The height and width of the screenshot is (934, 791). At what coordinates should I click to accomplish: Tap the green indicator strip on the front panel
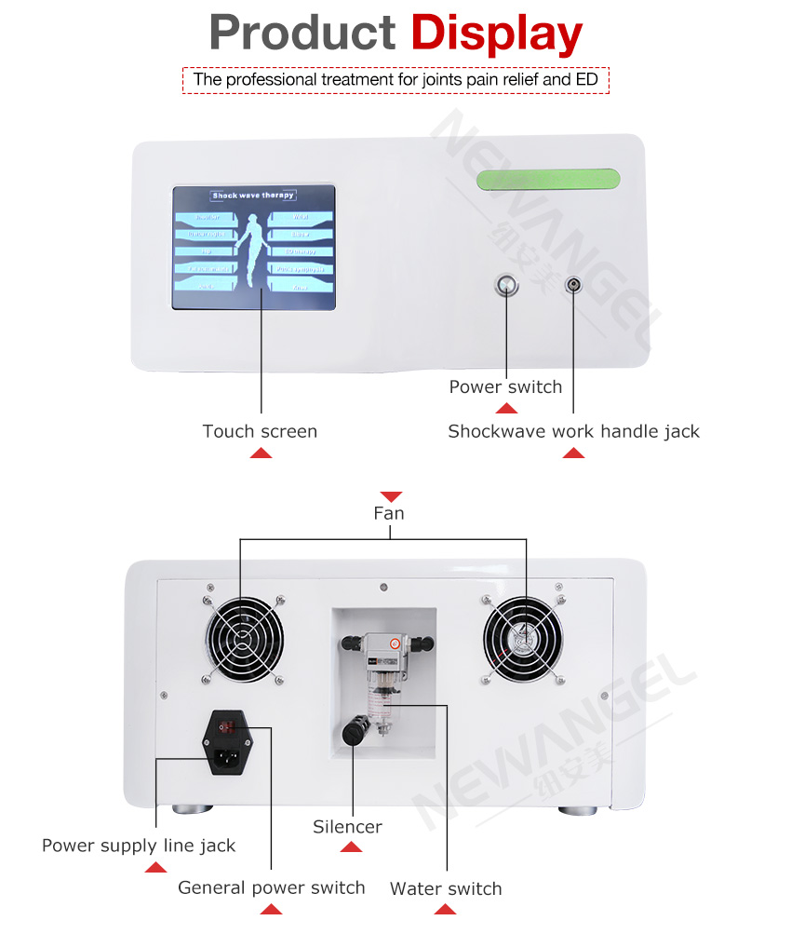click(548, 179)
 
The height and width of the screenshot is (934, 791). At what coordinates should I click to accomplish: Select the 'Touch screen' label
click(260, 431)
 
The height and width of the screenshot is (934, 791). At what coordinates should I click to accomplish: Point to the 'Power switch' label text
click(505, 386)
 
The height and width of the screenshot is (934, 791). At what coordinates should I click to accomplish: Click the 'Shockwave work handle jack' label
click(573, 431)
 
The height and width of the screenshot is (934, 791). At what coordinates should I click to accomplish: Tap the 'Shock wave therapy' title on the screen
click(253, 196)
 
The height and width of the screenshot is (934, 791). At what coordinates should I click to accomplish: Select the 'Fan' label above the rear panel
click(389, 513)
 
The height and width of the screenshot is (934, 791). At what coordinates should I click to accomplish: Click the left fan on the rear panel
click(242, 641)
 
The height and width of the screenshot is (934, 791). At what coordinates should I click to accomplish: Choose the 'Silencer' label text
click(347, 827)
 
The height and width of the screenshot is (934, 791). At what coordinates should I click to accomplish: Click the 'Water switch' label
click(446, 888)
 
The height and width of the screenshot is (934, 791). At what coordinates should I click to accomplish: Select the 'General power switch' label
click(272, 887)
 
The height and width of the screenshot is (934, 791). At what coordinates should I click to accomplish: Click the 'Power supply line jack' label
click(139, 846)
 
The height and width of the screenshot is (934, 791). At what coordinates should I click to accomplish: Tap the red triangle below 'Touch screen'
click(261, 453)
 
